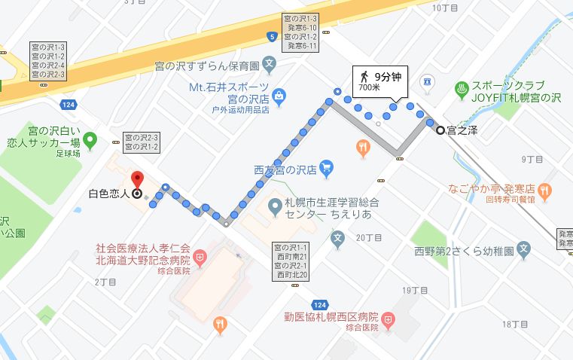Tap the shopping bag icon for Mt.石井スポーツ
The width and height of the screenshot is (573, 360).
tap(279, 96)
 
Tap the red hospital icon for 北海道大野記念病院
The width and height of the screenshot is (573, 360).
tap(200, 259)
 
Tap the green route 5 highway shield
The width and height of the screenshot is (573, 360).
tap(270, 35)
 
